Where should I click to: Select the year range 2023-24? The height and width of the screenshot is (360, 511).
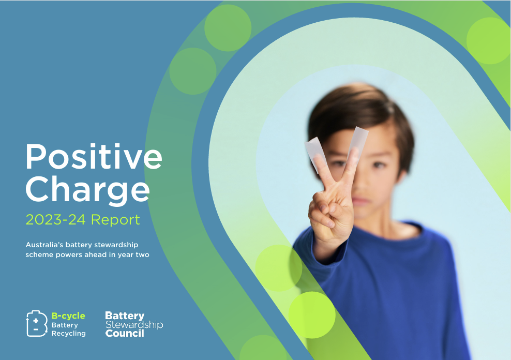(x=56, y=220)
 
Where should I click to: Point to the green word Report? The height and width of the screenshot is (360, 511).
(x=115, y=220)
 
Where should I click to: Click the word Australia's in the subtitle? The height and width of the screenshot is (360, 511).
(x=44, y=245)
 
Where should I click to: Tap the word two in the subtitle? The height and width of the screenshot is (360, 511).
(x=142, y=255)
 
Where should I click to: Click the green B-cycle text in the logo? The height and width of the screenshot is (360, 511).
(x=68, y=316)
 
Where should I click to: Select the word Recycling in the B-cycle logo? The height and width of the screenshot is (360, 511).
(x=68, y=333)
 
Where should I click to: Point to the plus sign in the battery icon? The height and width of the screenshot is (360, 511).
(x=36, y=321)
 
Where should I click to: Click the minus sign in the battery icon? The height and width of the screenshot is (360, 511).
(x=36, y=329)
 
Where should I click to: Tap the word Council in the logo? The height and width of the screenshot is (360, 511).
(x=125, y=333)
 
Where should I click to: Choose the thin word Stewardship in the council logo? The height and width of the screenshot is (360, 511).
(x=134, y=325)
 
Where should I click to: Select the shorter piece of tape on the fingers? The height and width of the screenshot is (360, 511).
(x=314, y=153)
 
